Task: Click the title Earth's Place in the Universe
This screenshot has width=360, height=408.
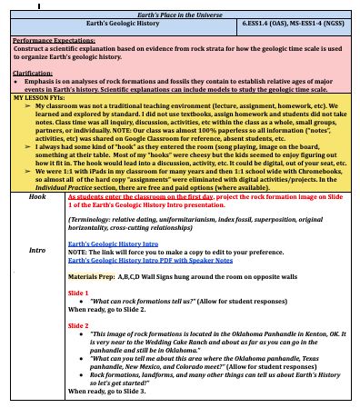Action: click(x=180, y=15)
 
